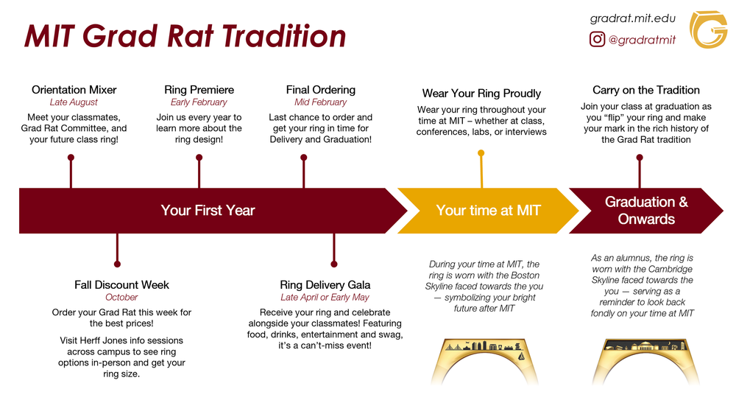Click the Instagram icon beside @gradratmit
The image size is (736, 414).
[598, 40]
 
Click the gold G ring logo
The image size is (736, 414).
[708, 29]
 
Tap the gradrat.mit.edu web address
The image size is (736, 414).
[633, 18]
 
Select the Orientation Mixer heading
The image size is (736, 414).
[74, 90]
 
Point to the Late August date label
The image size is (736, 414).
[74, 102]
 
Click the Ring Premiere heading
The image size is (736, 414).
[199, 90]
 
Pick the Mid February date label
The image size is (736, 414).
[320, 102]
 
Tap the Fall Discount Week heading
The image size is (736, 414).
[121, 285]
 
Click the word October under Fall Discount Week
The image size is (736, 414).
[121, 298]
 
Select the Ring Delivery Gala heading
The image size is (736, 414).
[325, 285]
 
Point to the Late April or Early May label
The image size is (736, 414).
[325, 298]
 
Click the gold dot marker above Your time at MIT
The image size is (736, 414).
[481, 153]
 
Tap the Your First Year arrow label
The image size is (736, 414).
[208, 211]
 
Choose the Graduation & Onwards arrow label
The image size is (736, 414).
[646, 211]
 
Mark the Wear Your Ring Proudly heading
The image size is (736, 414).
[481, 94]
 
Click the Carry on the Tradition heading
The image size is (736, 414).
[645, 90]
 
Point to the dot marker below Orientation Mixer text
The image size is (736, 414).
[71, 157]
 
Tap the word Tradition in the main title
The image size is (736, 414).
[284, 37]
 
